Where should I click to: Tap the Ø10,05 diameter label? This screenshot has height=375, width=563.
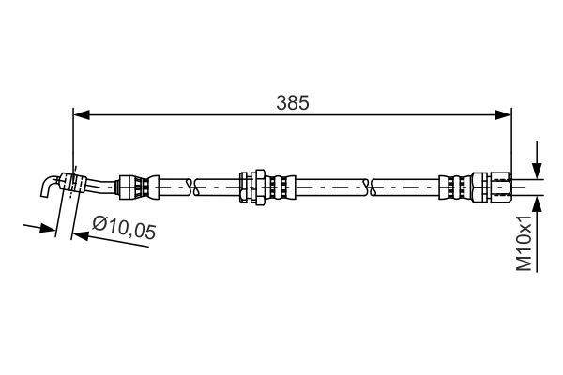coord(123,228)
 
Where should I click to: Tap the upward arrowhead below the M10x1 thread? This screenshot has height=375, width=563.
coord(536,202)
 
